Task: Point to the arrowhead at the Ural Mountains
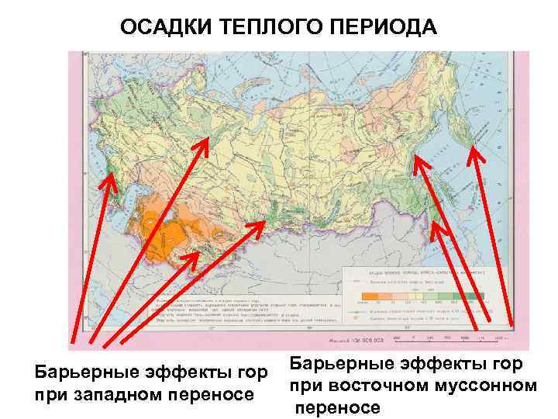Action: click(206, 142)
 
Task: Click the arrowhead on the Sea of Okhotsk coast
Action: click(418, 161)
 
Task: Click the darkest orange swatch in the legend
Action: click(370, 296)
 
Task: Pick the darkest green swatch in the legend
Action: click(479, 296)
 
